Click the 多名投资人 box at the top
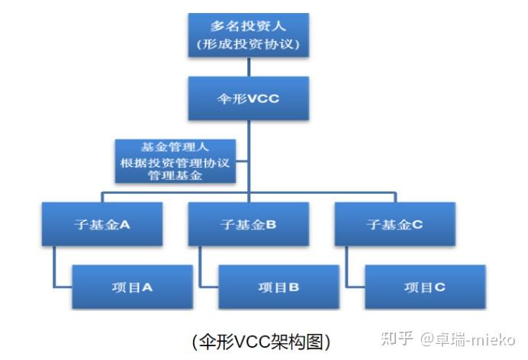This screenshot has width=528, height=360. coord(249,34)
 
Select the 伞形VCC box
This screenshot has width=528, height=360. coord(249,98)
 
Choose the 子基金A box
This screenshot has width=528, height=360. coord(102,224)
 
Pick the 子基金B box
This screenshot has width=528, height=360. coord(249,224)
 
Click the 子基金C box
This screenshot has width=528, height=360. coord(394,224)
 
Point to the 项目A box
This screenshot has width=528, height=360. coord(133,287)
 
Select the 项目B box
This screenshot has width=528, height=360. coord(278,287)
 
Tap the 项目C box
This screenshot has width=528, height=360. coord(424,287)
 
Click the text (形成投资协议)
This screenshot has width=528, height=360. coord(249,44)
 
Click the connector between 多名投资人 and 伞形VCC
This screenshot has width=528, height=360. coord(249,67)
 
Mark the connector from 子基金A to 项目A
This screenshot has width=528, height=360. coord(56,267)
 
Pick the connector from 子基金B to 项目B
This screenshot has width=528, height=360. coord(201,267)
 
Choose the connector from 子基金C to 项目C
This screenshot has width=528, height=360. coord(347,267)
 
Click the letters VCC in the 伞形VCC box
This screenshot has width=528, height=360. coord(263,98)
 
